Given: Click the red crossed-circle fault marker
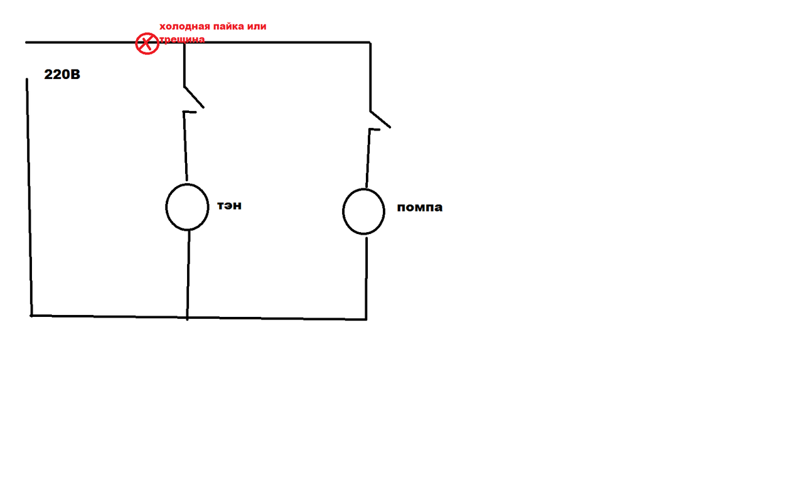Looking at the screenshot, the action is pos(147,44).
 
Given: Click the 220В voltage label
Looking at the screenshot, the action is pos(62,75).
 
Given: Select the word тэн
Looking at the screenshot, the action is pos(229,205).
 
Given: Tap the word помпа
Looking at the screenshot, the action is pos(419,207).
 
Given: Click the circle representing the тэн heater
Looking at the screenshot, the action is pos(187,207).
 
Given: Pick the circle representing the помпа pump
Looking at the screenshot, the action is pos(363,211).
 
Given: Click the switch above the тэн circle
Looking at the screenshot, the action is pos(193,98).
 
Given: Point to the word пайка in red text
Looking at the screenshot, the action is pos(230,27).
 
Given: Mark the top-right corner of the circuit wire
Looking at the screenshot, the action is pos(369,43).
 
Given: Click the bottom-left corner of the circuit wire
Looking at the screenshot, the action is pos(31,315).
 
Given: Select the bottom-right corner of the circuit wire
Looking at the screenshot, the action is pos(366,319).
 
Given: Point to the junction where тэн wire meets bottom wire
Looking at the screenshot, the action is pos(187,317).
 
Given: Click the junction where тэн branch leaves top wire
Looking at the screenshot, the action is pos(183,43).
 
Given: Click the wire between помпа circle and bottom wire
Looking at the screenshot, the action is pos(367,276).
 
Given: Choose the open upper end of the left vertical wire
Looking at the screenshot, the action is pos(27,80).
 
